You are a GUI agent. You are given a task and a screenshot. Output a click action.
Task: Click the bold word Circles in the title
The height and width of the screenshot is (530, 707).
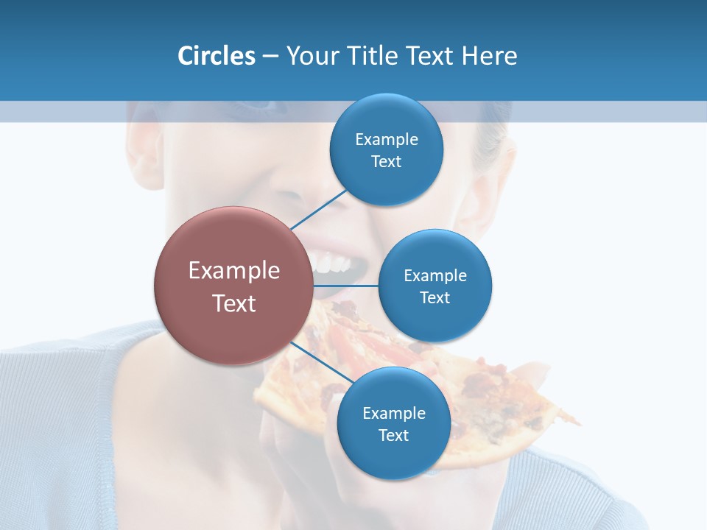pyautogui.click(x=217, y=56)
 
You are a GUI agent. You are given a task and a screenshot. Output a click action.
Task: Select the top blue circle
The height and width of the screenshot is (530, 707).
pyautogui.click(x=386, y=150)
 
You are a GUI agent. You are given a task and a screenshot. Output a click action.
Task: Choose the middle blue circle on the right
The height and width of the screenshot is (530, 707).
pyautogui.click(x=435, y=286)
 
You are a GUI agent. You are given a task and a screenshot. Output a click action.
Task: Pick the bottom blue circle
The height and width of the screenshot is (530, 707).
pyautogui.click(x=393, y=424)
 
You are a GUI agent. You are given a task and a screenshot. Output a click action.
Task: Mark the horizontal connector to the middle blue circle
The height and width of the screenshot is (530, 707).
pyautogui.click(x=346, y=286)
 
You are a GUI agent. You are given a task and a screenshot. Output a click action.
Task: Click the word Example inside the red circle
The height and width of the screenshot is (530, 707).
pyautogui.click(x=234, y=271)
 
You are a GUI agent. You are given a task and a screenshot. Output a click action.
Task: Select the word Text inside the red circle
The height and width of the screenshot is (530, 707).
pyautogui.click(x=234, y=303)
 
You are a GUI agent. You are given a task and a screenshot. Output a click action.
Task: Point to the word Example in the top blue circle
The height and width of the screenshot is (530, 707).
pyautogui.click(x=386, y=139)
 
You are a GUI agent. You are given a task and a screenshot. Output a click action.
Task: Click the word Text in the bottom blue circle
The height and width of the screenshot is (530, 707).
pyautogui.click(x=393, y=435)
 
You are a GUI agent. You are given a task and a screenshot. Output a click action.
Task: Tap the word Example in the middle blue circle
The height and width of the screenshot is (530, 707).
pyautogui.click(x=435, y=275)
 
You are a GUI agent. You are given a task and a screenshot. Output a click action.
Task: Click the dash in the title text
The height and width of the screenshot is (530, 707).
pyautogui.click(x=270, y=57)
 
